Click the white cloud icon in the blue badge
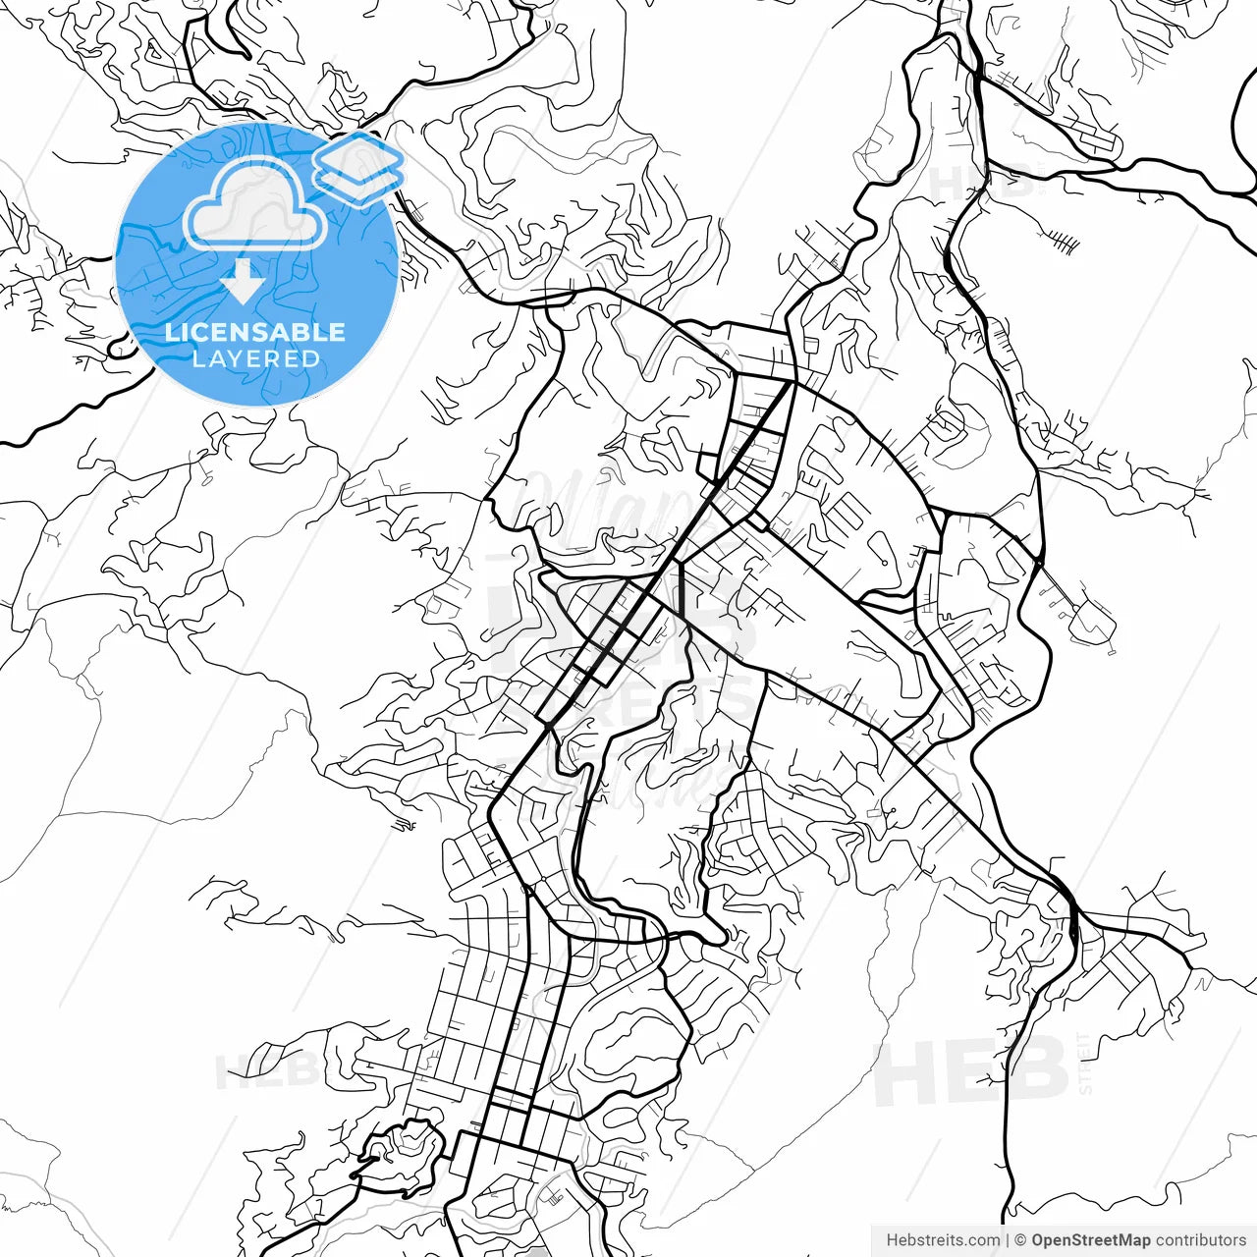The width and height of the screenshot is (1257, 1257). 255,208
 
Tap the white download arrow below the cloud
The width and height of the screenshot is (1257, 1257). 243,283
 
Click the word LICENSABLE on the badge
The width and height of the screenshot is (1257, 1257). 255,332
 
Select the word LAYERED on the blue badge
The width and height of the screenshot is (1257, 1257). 255,359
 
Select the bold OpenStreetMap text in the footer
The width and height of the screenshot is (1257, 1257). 1091,1240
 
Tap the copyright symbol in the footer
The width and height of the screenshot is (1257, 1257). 1020,1240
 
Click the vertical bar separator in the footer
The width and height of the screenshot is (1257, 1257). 1008,1240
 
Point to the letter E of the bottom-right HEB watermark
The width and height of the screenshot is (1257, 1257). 972,1071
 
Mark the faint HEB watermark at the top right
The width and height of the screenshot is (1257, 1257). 982,182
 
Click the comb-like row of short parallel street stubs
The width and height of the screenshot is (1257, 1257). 1061,239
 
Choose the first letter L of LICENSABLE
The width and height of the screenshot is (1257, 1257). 171,332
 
